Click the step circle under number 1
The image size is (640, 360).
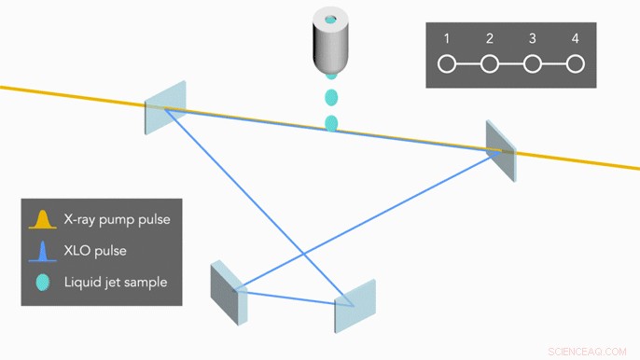pyautogui.click(x=447, y=64)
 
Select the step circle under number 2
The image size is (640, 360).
pyautogui.click(x=490, y=64)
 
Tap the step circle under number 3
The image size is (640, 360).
pyautogui.click(x=533, y=64)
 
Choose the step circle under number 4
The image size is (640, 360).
pyautogui.click(x=576, y=64)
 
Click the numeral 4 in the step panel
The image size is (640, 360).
pyautogui.click(x=576, y=39)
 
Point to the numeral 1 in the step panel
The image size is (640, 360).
pyautogui.click(x=447, y=39)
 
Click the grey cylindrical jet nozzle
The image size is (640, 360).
pyautogui.click(x=331, y=47)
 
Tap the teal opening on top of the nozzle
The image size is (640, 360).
pyautogui.click(x=331, y=20)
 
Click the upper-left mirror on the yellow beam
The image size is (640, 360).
pyautogui.click(x=165, y=106)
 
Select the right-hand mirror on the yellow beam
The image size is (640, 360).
pyautogui.click(x=499, y=149)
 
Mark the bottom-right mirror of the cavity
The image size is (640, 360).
pyautogui.click(x=355, y=305)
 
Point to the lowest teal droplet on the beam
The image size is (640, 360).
pyautogui.click(x=331, y=123)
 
